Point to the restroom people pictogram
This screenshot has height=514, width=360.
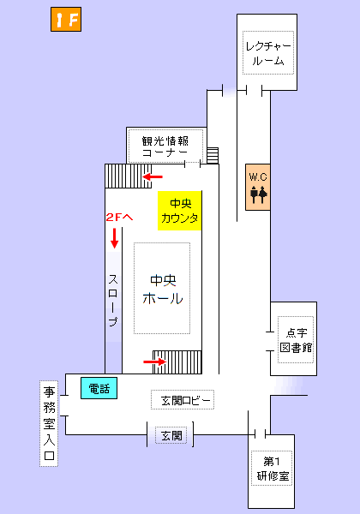click(259, 194)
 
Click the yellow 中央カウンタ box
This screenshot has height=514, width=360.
click(180, 211)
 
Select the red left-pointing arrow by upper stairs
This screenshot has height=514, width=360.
click(153, 177)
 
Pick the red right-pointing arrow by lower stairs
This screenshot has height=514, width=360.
click(153, 362)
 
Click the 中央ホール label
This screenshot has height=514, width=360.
click(162, 290)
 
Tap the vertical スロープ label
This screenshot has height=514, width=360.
click(113, 301)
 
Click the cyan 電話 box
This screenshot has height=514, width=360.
click(99, 388)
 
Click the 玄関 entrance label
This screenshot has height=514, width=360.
click(171, 436)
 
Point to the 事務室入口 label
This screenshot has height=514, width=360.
click(50, 424)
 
